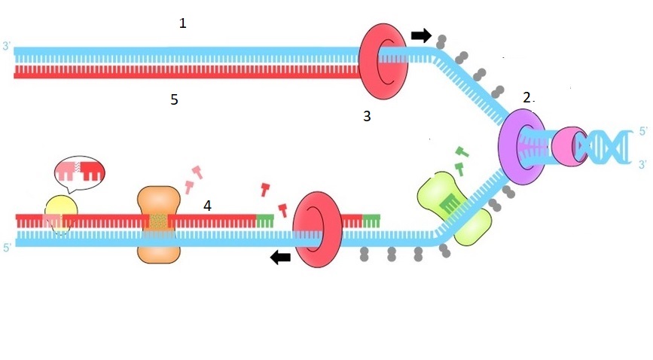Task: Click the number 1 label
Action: click(x=182, y=23)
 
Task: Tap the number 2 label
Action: click(x=527, y=97)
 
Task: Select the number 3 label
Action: click(x=367, y=116)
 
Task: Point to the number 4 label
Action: click(x=207, y=204)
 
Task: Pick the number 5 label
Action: click(x=174, y=99)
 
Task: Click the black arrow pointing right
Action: click(x=421, y=35)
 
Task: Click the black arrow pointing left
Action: click(x=281, y=258)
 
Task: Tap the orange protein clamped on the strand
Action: click(x=158, y=225)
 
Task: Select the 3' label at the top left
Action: click(x=7, y=47)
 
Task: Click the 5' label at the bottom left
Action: click(x=7, y=246)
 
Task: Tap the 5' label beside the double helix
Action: click(x=642, y=131)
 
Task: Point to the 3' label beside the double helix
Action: click(x=642, y=163)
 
